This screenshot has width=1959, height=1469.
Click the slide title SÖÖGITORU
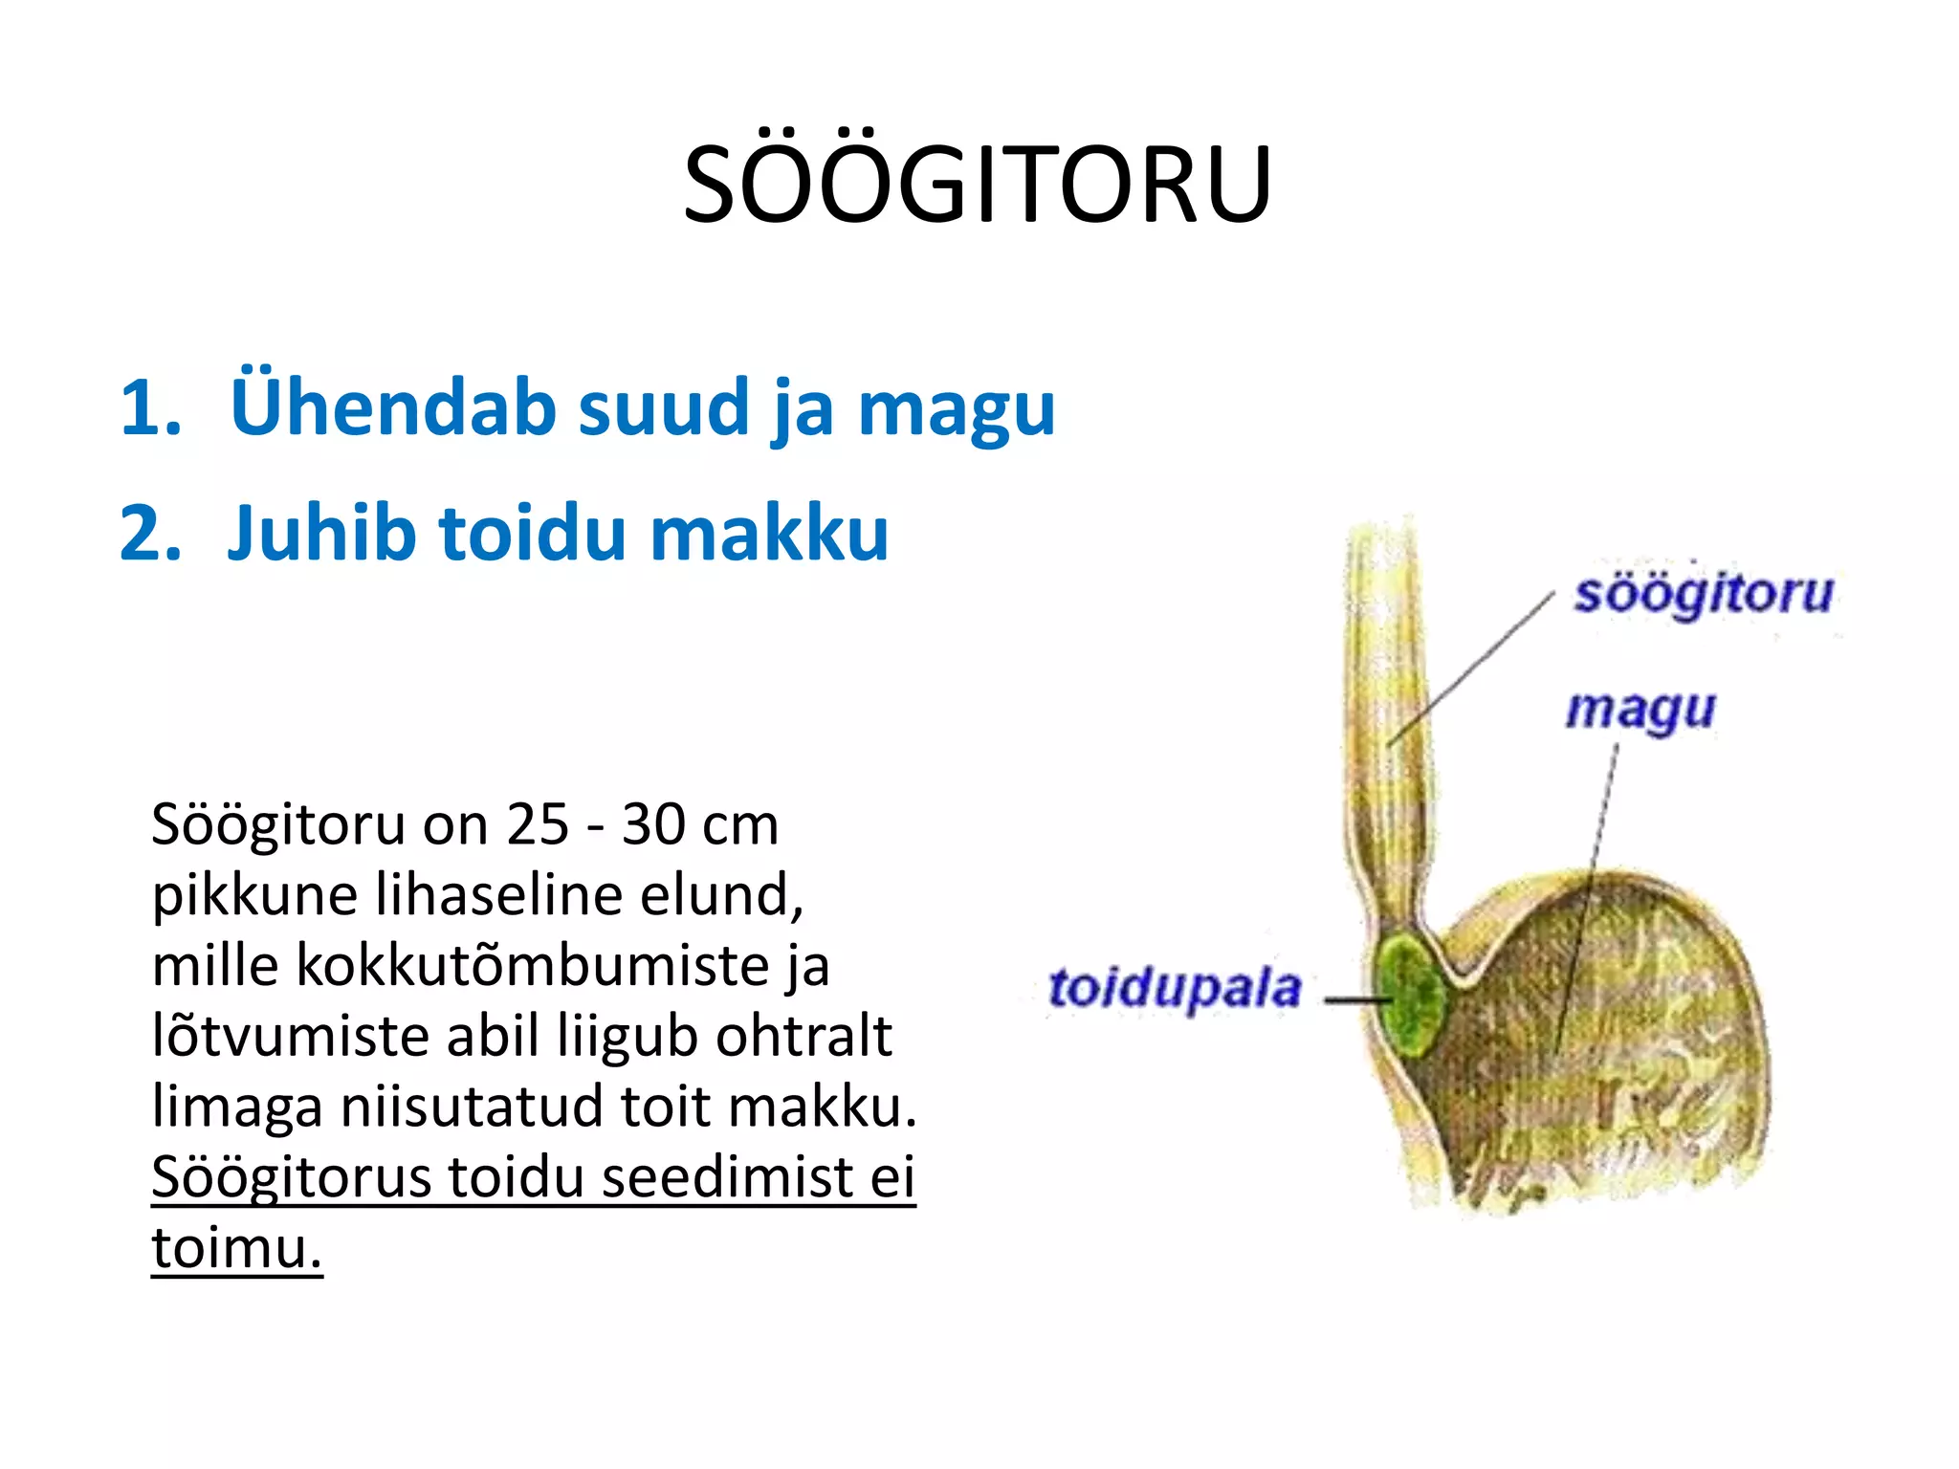click(x=978, y=184)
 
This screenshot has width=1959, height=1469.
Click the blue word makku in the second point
click(x=769, y=533)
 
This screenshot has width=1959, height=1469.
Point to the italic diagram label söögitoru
click(x=1704, y=594)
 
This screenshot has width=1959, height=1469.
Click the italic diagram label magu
click(x=1640, y=711)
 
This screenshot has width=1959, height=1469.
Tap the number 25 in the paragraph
click(x=538, y=824)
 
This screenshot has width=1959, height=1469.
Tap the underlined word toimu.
click(x=236, y=1248)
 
